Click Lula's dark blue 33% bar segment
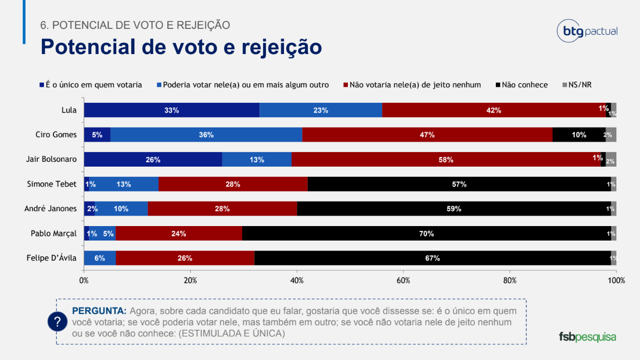coord(172,110)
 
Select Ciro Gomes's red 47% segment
coord(427,134)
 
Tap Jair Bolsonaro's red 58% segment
coord(445,159)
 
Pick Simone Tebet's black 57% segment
coord(459,184)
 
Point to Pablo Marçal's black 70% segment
coord(427,233)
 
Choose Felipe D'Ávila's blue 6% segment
coord(100,258)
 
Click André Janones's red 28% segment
coord(222,208)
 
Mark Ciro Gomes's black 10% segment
coord(579,134)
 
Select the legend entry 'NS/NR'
coord(580,85)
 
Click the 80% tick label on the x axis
coord(510,280)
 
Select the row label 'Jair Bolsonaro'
coord(51,159)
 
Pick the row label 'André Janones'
coord(51,208)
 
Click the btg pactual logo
coord(587,32)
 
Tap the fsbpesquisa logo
coord(587,337)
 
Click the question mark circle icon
coord(57,321)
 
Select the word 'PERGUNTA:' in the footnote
coord(99,311)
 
